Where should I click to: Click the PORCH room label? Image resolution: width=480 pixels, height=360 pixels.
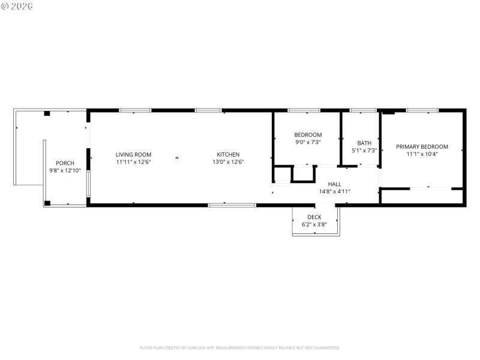pos(65,163)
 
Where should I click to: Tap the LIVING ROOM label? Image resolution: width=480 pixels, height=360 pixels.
pos(133,155)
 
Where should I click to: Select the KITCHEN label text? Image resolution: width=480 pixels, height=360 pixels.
pos(228,155)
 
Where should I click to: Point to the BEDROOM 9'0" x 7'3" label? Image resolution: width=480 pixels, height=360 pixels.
pos(308,135)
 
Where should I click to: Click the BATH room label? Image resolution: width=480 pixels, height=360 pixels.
pos(364,143)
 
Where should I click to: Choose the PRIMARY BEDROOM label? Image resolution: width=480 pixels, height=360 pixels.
pos(422,147)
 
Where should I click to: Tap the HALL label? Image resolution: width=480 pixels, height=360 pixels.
pos(334,184)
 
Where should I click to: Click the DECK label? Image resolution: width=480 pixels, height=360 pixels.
pos(314,217)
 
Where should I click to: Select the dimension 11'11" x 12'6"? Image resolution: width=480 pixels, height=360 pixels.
pos(133,162)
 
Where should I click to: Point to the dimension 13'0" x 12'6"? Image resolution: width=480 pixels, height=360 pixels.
pos(228,162)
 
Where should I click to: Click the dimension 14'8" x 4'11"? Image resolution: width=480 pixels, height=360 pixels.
pos(334,192)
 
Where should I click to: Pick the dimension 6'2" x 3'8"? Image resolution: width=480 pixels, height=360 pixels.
pos(314,225)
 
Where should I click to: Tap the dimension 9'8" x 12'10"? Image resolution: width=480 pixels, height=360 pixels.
pos(65,171)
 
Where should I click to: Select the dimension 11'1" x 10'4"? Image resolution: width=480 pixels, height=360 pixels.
pos(422,154)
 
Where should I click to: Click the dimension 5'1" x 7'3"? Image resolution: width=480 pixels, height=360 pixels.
pos(364,151)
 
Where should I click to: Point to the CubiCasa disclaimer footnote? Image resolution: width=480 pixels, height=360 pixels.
pos(240,347)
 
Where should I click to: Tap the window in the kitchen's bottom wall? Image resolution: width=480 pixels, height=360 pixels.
pos(232,205)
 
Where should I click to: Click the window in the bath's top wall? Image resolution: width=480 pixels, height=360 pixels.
pos(363,110)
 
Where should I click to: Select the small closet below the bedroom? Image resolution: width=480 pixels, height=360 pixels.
pos(302,173)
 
